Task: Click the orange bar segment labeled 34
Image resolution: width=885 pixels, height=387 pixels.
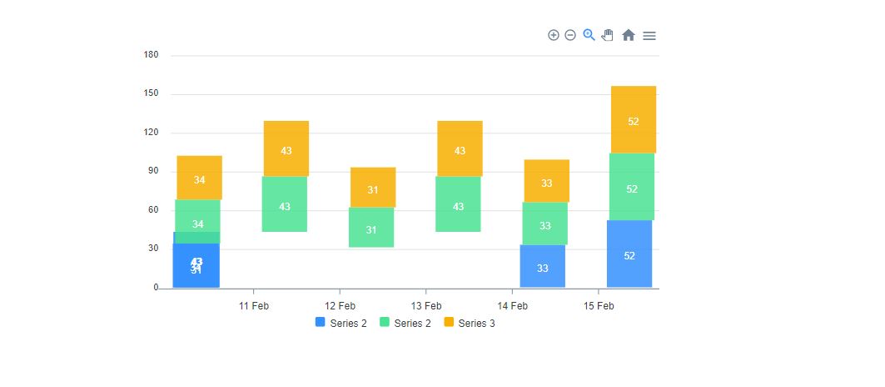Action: (199, 178)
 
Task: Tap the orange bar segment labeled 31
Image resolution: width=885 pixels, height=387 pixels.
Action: (372, 188)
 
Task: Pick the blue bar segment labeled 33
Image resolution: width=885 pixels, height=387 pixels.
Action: (542, 267)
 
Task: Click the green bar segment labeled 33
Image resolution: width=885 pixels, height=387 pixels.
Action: (544, 224)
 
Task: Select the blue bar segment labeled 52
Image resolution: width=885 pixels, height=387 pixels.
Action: (629, 254)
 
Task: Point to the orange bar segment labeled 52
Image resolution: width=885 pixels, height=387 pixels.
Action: (633, 119)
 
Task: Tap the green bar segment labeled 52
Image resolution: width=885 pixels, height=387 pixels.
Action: (631, 187)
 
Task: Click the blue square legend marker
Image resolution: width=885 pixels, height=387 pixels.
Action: (321, 322)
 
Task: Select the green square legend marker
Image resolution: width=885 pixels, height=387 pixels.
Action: (385, 322)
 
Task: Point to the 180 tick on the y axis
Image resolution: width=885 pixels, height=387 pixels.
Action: (151, 55)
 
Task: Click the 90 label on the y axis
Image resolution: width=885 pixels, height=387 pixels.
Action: (153, 172)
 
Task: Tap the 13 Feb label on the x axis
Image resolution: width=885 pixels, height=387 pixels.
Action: (426, 306)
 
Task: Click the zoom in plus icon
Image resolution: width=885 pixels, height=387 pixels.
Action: (553, 35)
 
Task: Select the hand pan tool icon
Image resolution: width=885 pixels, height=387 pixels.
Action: (608, 35)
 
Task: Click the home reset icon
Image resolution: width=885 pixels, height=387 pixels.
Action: (629, 35)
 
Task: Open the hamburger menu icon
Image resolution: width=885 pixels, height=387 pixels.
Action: (649, 35)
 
